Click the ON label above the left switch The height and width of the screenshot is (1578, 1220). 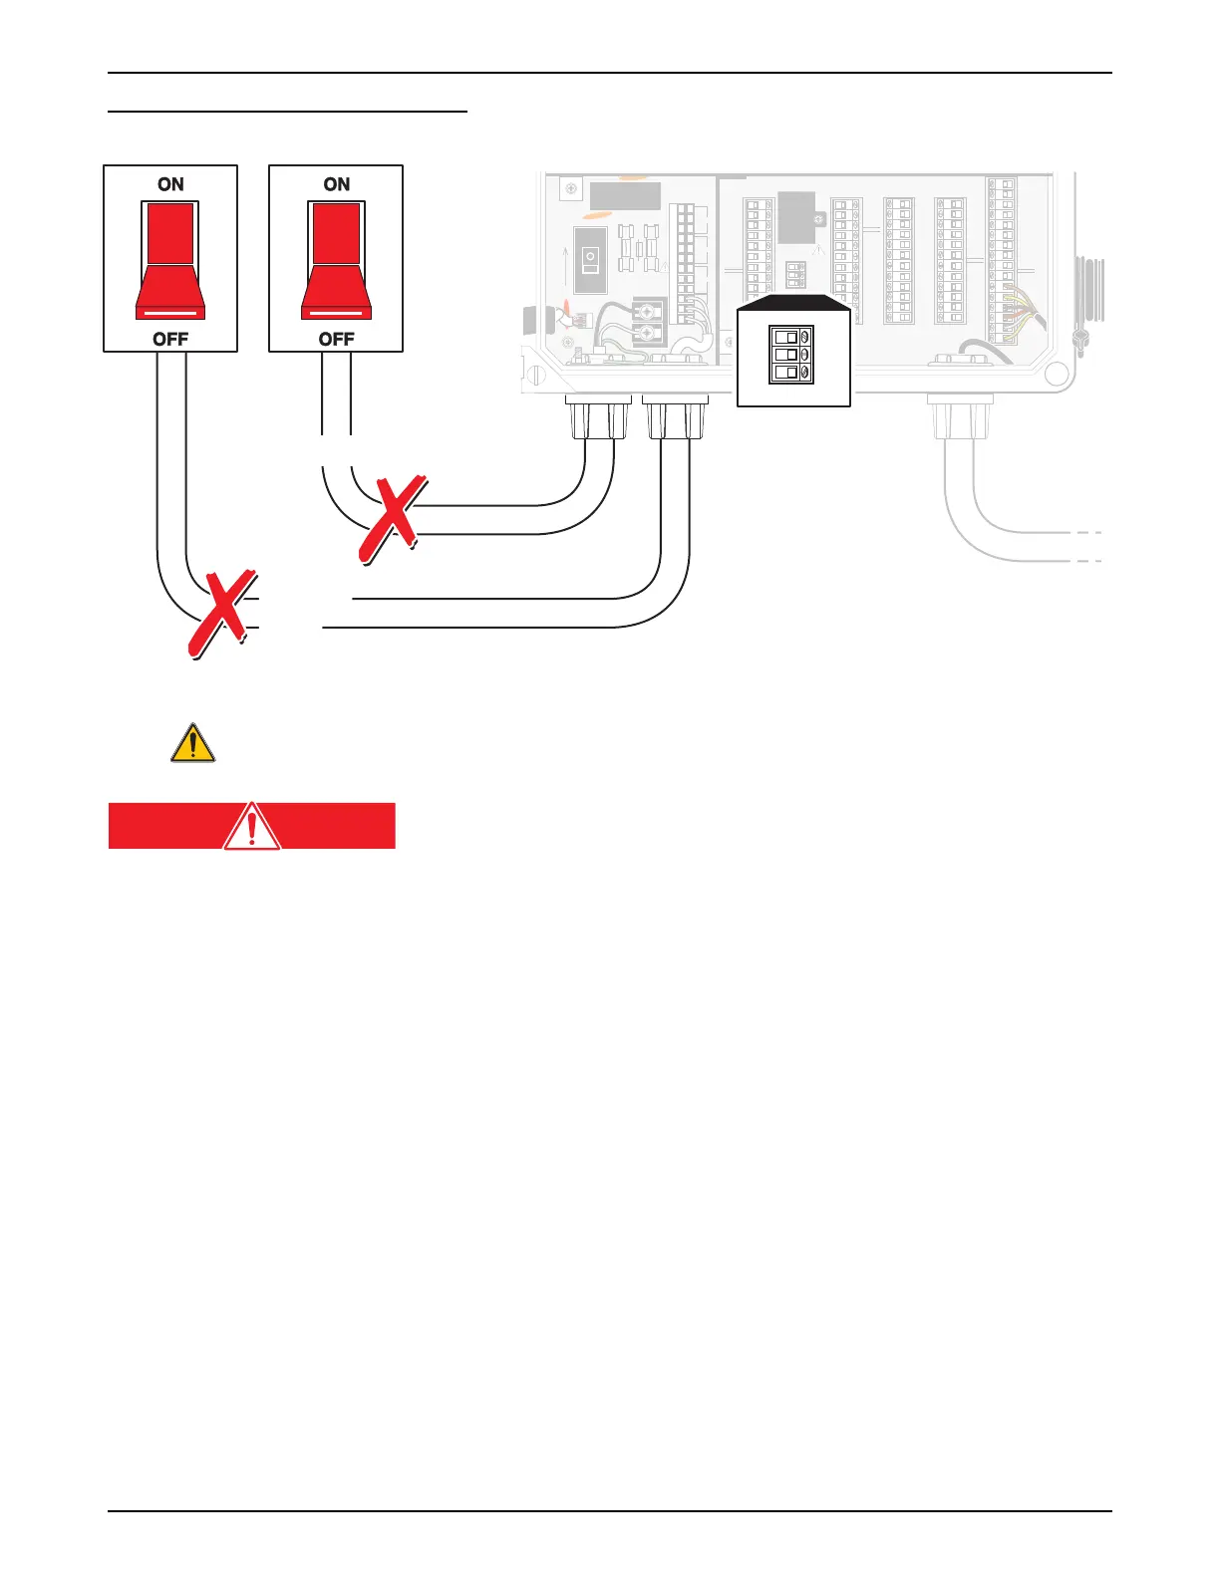pos(170,184)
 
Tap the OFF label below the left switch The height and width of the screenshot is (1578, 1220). pos(170,339)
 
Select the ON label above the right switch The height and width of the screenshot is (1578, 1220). pos(337,184)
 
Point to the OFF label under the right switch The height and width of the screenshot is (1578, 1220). pos(337,339)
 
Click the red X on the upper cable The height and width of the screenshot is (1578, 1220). pos(393,519)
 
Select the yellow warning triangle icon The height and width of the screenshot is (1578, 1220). pos(192,743)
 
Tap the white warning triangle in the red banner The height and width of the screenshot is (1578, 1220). pos(252,826)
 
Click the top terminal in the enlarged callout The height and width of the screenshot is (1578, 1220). pos(792,337)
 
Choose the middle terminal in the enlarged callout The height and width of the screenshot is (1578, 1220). pos(792,355)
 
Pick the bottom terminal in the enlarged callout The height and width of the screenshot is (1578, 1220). pos(792,373)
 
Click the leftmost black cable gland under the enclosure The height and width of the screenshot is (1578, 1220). pos(598,417)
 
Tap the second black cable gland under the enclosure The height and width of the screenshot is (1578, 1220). pos(675,417)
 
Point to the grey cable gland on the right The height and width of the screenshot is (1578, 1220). pos(959,417)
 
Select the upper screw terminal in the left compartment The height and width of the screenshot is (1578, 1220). pos(648,309)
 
